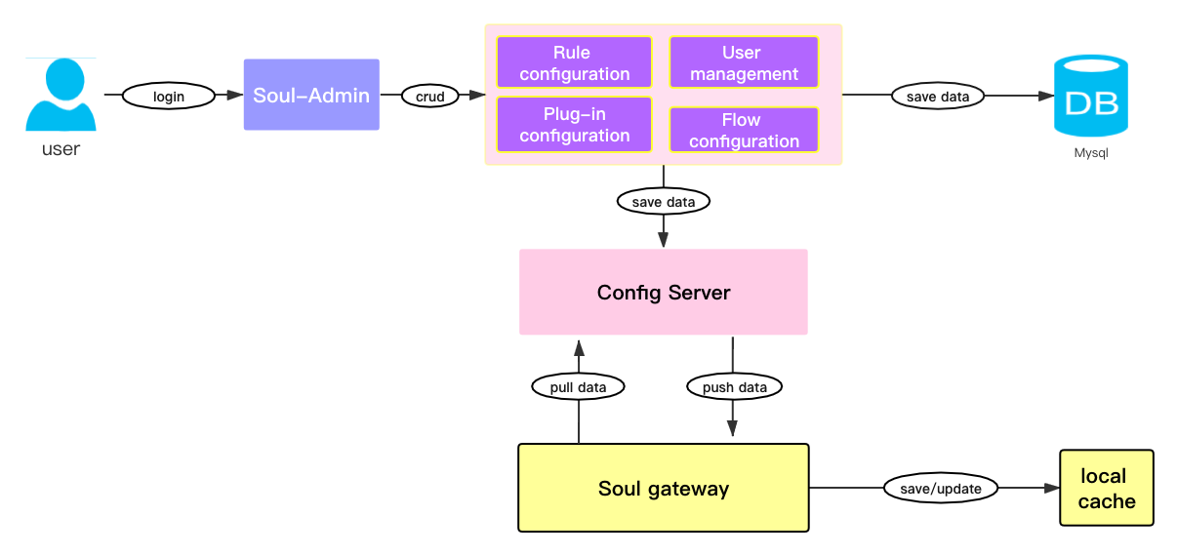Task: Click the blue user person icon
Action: click(x=61, y=95)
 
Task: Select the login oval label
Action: click(x=169, y=96)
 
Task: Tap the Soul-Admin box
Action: click(x=311, y=95)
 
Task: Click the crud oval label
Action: click(x=430, y=96)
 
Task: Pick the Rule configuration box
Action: click(x=574, y=62)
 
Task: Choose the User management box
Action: click(x=744, y=62)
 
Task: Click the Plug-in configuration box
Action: click(x=574, y=124)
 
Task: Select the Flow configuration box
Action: click(x=744, y=130)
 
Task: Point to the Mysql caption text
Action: click(x=1091, y=153)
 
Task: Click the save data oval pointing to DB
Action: click(x=938, y=96)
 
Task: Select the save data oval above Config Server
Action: click(x=664, y=201)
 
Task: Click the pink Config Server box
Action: click(x=664, y=292)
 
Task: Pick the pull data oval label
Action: click(x=578, y=387)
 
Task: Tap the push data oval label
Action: click(x=735, y=387)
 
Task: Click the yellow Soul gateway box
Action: click(x=664, y=488)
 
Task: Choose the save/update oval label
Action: click(x=941, y=487)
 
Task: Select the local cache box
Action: click(x=1107, y=489)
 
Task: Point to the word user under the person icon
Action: click(x=61, y=149)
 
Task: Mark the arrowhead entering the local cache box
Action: click(x=1051, y=487)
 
